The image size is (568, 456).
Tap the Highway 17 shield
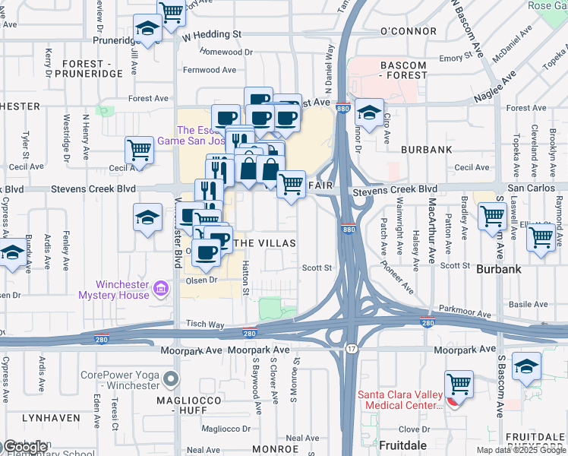[350, 349]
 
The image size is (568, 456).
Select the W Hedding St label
[212, 34]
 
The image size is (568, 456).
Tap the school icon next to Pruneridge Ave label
[146, 30]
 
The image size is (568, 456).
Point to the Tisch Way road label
[207, 325]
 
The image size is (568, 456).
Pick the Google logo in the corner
[24, 448]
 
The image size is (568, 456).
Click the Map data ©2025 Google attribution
[521, 450]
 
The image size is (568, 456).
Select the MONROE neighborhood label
[275, 448]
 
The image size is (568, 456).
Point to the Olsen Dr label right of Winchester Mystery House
[202, 280]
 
